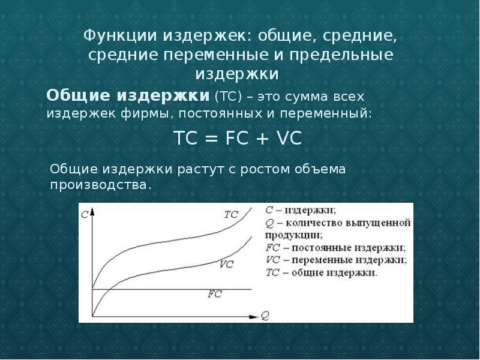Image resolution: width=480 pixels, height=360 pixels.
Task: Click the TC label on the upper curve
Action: coord(231,214)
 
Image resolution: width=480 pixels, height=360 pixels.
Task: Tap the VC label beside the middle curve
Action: coord(226,263)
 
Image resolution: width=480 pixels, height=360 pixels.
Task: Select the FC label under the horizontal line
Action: coord(214,294)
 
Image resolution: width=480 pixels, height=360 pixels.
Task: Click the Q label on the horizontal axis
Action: coord(265,313)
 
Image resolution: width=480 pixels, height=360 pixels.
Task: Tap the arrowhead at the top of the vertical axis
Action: coord(93,208)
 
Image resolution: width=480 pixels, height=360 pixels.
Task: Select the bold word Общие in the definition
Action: coord(77,95)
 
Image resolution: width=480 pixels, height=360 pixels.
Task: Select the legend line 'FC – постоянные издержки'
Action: coord(334,247)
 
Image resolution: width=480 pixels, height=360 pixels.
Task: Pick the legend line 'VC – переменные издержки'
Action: coord(335,259)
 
